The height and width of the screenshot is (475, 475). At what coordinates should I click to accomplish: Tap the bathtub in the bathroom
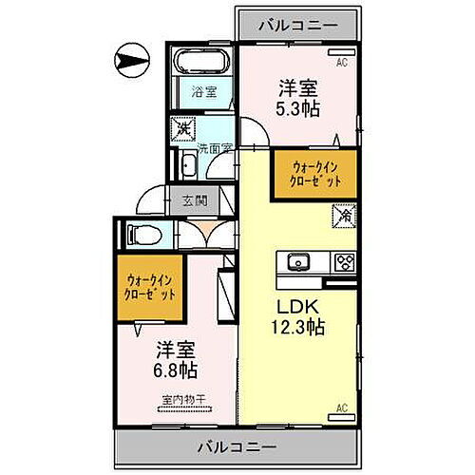(x=200, y=65)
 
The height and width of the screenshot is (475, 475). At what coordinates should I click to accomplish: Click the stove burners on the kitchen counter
(x=342, y=260)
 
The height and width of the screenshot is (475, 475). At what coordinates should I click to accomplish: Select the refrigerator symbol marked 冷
(x=343, y=216)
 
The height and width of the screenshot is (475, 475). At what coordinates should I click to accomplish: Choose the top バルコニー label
(x=298, y=24)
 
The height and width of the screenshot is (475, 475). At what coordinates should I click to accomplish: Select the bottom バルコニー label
(x=237, y=446)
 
